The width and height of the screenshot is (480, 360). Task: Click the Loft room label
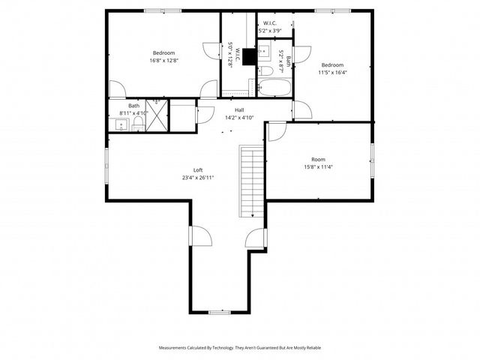(198, 169)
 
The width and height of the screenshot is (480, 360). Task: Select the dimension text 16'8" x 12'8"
(164, 61)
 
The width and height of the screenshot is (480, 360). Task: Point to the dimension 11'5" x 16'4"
(332, 73)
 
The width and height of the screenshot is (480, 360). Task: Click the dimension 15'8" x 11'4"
(319, 167)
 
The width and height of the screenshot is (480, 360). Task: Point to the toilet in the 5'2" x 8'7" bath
(265, 71)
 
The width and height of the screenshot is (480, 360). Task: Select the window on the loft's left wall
(106, 165)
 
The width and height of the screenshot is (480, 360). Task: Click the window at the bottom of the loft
(219, 311)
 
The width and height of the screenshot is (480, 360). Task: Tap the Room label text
(319, 159)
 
